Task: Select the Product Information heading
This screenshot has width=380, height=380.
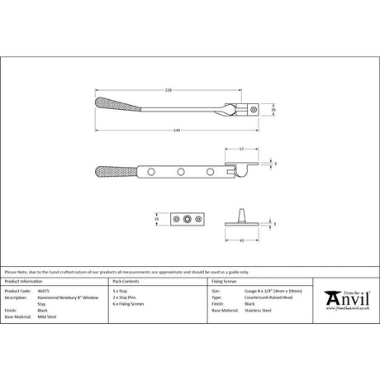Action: [26, 283]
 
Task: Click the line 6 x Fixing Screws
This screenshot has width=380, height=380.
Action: [136, 305]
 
